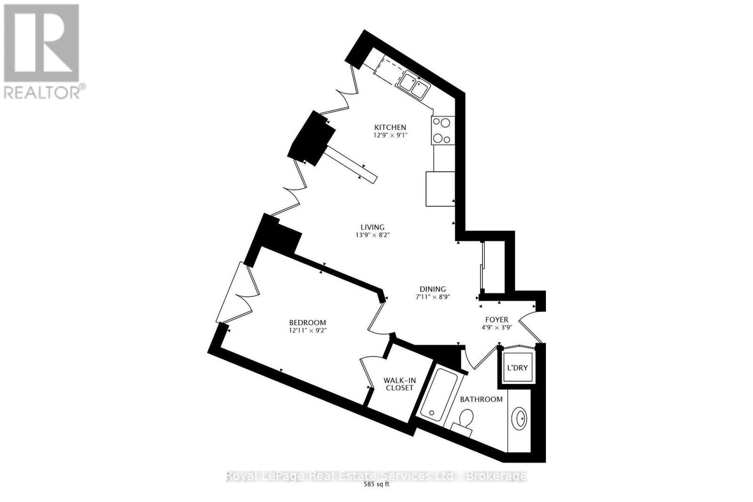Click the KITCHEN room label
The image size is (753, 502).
point(390,127)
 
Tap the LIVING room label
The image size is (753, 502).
point(372,227)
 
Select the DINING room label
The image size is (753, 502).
point(433,289)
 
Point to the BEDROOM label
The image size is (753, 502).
point(308,323)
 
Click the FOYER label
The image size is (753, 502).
point(497,319)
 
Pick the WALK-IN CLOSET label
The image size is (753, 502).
point(400,384)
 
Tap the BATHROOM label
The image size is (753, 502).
point(481,399)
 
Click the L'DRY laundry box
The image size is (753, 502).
point(517,367)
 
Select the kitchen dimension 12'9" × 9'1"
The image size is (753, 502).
point(390,135)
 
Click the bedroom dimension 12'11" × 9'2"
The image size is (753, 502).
point(308,330)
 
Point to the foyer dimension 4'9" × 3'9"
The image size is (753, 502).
point(497,327)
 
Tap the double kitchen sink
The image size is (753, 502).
point(413,85)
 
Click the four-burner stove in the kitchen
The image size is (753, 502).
point(443,130)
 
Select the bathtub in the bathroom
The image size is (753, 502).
point(439,395)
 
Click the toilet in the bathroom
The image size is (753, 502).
point(464,422)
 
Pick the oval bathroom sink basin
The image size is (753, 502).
point(519,418)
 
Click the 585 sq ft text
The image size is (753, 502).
point(376,485)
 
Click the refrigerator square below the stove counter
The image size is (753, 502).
point(441,189)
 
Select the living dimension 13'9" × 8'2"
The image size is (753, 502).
point(372,235)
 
